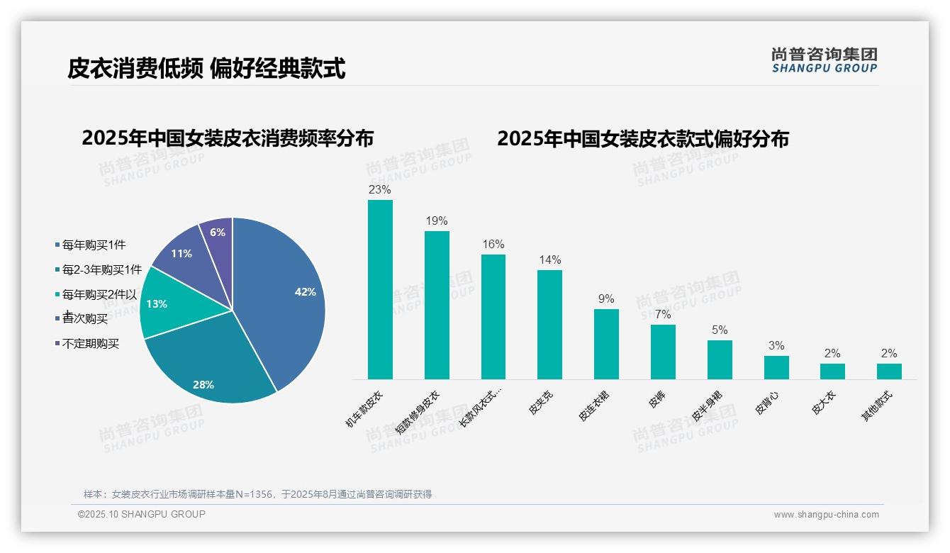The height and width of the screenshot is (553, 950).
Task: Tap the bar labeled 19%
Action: coord(437,305)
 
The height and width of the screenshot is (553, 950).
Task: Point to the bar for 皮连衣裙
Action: coord(606,344)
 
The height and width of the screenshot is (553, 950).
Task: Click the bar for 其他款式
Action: coord(889,372)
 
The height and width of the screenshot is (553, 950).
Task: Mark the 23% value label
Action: coord(380,190)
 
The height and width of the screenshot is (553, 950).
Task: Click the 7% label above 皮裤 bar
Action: coord(663,315)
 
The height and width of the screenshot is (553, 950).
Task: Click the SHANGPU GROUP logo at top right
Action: coord(825,60)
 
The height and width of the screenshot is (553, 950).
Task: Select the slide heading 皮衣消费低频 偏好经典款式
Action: coord(206,69)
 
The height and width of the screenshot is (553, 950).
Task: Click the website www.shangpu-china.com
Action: coord(826,515)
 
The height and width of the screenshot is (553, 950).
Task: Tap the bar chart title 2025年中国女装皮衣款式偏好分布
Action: coord(642,138)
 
